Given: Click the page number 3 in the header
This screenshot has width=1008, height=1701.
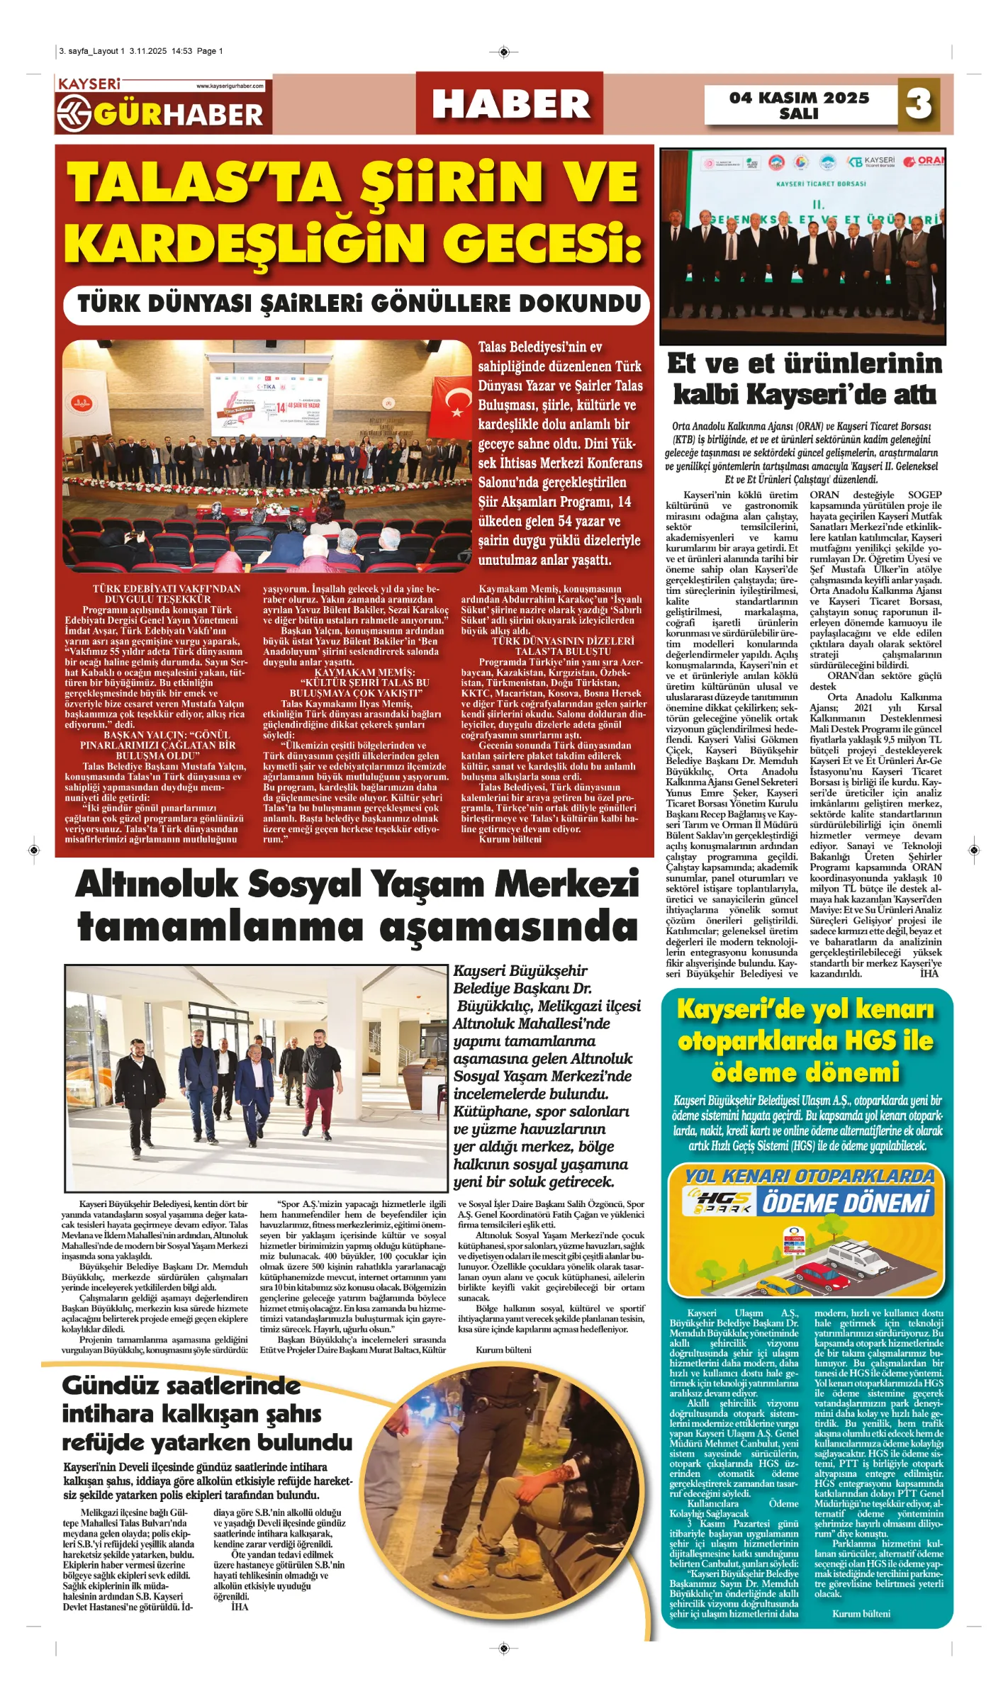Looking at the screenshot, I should (x=919, y=104).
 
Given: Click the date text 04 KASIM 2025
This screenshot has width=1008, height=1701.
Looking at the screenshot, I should (x=799, y=98).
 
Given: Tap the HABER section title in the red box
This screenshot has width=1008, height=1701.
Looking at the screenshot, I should (x=510, y=104).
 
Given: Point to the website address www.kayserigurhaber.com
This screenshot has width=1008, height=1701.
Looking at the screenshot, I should (x=230, y=86).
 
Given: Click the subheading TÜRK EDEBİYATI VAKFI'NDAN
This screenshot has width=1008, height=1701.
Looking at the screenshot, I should (x=167, y=589).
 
